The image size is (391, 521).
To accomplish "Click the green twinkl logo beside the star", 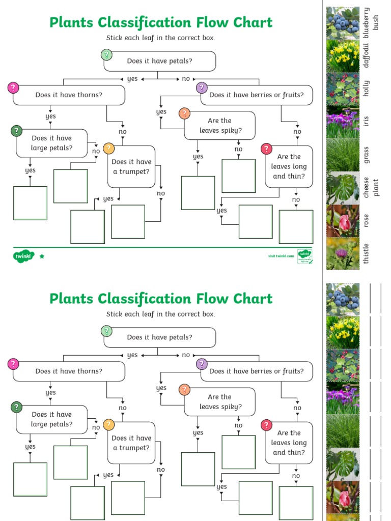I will coord(23,256).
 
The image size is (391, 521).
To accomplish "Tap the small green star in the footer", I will coord(42,256).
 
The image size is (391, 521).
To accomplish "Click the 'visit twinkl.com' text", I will coord(281,256).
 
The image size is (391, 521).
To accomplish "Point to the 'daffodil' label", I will coord(367,55).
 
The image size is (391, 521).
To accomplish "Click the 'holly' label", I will coord(367,89).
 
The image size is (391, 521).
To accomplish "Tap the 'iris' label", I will coord(367,122).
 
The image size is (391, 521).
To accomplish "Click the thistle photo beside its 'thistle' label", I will coord(343,253).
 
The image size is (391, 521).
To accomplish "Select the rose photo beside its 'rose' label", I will coord(343,221).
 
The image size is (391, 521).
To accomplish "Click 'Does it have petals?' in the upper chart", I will coord(159,61).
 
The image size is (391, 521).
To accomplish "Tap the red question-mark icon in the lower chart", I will coord(266,425).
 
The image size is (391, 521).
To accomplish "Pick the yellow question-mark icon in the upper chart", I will coord(108,149).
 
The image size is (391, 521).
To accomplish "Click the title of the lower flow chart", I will coord(161,299).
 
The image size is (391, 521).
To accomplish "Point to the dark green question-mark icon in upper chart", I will coord(17,131).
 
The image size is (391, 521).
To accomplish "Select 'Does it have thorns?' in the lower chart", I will coord(69,371).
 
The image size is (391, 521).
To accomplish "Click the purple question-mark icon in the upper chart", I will coord(202,88).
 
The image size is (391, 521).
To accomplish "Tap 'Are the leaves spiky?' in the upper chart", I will coord(220,125).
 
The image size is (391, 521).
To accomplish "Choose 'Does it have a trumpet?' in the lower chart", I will coord(131,443).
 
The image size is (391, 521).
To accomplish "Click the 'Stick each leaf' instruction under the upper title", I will coord(161,38).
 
